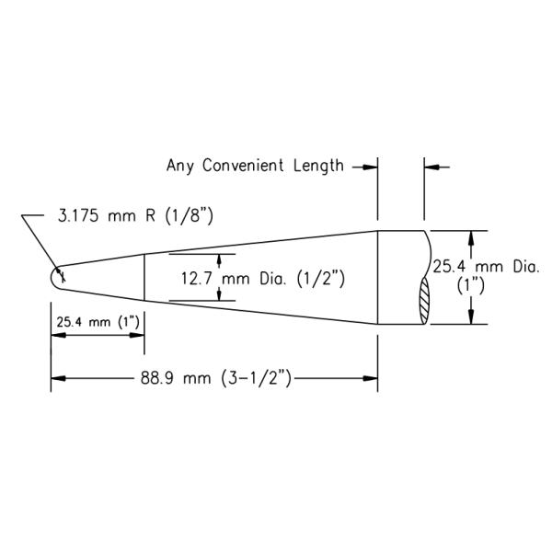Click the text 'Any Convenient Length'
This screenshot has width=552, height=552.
click(255, 167)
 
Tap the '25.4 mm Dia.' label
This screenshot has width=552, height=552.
click(485, 267)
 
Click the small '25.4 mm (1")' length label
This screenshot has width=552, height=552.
click(97, 322)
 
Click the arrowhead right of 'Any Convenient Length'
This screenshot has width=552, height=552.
click(371, 167)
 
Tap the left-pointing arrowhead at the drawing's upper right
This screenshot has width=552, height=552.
click(431, 167)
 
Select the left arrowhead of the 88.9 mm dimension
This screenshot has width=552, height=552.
click(57, 378)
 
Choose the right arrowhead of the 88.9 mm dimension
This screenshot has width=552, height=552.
click(372, 378)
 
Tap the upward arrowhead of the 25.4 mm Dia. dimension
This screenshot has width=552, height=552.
click(472, 236)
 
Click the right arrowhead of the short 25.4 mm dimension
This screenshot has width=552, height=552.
click(138, 337)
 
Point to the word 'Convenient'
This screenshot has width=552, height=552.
click(244, 167)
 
